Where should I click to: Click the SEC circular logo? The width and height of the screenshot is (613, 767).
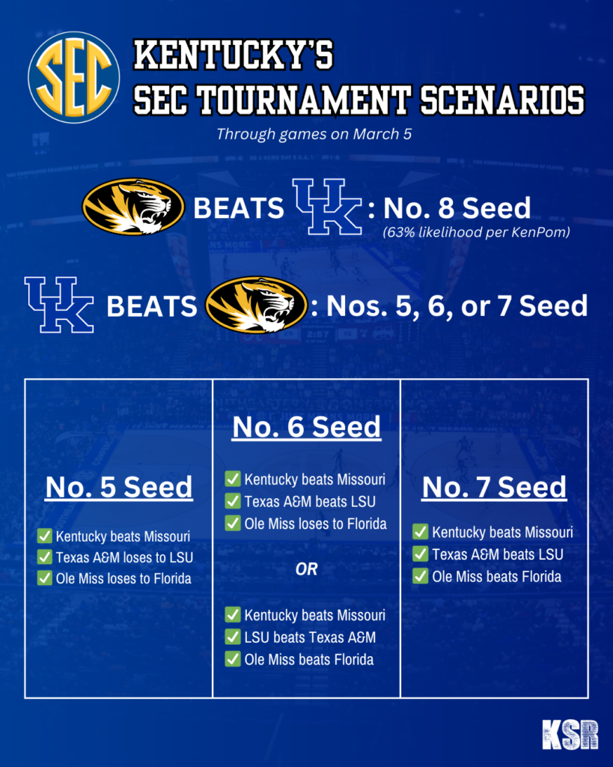(74, 77)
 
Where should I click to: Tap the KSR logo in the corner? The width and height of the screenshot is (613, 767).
(570, 734)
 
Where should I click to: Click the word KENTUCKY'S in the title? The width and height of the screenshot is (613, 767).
(234, 55)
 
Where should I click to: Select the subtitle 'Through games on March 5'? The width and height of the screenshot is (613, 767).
(314, 134)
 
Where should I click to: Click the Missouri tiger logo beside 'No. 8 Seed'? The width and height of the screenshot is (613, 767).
(133, 207)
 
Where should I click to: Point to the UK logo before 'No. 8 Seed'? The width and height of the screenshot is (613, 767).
(327, 207)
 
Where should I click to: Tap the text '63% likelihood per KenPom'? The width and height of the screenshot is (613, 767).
(476, 232)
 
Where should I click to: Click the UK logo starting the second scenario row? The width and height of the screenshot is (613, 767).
(59, 305)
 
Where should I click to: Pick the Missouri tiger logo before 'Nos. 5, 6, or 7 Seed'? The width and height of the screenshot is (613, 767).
(256, 306)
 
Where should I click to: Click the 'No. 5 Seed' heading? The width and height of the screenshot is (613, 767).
(119, 487)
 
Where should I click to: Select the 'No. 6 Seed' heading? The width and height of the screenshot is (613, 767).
(307, 427)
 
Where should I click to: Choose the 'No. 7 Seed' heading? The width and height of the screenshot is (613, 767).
(494, 487)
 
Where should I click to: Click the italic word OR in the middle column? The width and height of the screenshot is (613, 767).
(307, 569)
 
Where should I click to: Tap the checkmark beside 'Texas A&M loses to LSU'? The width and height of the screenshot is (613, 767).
(44, 557)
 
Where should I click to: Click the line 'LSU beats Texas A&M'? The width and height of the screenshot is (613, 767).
(310, 637)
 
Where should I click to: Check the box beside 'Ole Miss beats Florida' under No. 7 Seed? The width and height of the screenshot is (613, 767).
(420, 576)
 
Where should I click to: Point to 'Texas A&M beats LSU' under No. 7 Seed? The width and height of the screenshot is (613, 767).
(498, 554)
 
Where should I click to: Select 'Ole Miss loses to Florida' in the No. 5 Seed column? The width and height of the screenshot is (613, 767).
(123, 579)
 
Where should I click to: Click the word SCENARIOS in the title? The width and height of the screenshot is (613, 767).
(502, 100)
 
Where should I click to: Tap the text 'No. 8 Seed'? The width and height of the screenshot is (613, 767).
(457, 208)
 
